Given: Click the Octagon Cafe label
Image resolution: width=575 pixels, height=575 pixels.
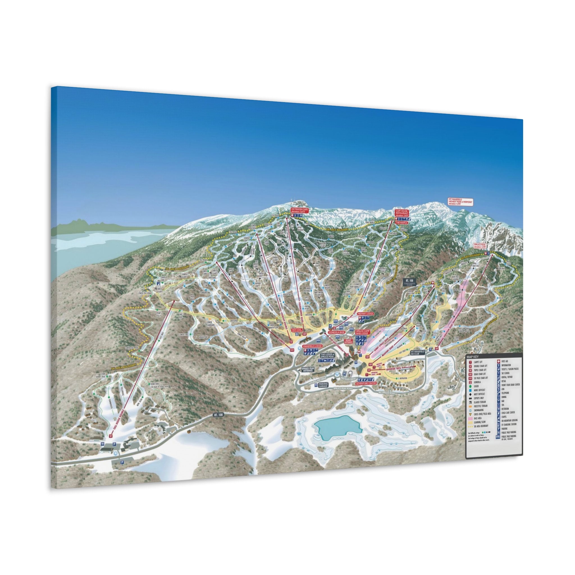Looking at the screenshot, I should point(299,210).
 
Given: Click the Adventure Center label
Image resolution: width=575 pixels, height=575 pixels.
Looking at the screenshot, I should point(366,383).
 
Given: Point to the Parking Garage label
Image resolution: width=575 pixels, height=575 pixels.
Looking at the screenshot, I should point(323,385).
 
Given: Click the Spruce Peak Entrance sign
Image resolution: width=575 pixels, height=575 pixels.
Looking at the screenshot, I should point(308,369).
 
